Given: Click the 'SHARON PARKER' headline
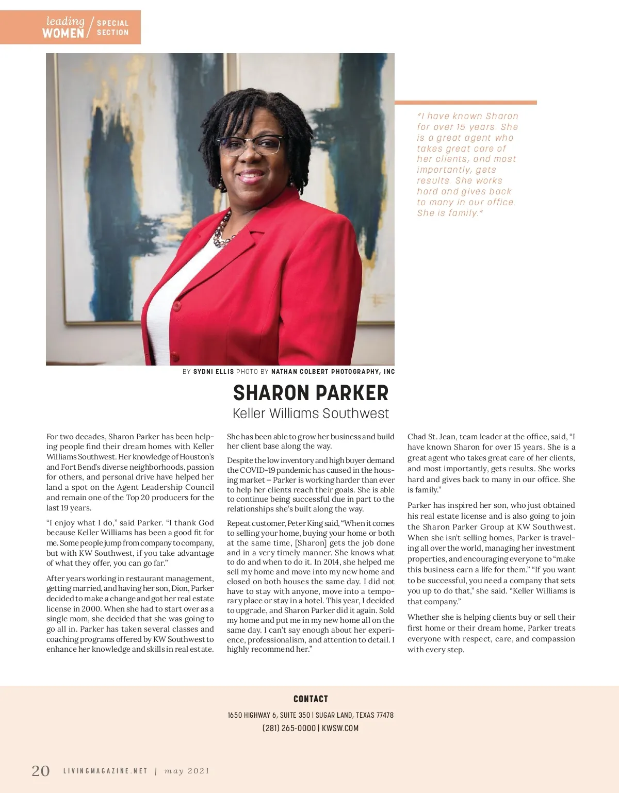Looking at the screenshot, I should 311,393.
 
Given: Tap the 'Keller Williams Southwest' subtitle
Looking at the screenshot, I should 311,414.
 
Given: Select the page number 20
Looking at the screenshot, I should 41,771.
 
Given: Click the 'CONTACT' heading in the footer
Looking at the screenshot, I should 311,699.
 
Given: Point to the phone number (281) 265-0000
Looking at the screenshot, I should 289,728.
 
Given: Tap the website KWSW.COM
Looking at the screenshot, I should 340,728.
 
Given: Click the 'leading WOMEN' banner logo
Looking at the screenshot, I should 64,27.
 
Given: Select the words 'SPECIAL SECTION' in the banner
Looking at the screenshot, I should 112,28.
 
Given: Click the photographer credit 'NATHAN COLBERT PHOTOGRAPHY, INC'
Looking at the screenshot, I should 333,371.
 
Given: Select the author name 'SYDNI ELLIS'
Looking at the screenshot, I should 214,371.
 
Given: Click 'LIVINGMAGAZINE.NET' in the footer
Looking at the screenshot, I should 105,771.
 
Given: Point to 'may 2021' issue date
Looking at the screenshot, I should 187,771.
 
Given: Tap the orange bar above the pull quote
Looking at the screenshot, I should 465,103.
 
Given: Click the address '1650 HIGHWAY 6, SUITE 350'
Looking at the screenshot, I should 269,715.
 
